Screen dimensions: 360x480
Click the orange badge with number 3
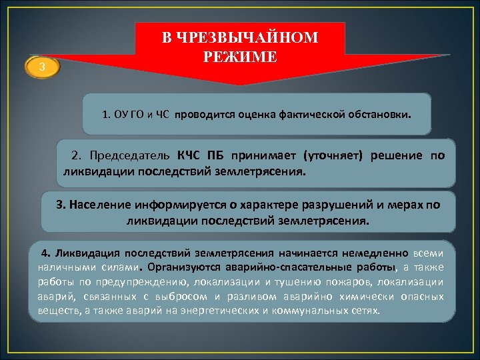pyautogui.click(x=43, y=68)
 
